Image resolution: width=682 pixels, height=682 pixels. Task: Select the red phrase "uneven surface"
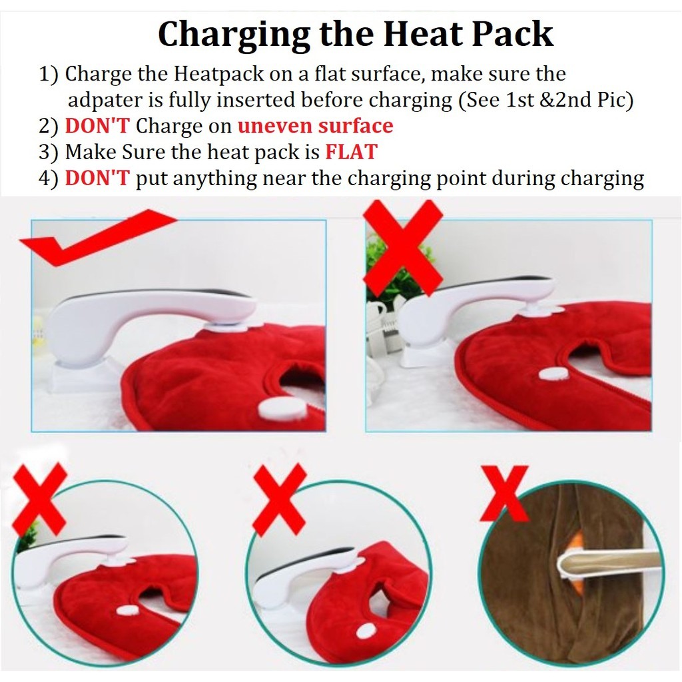coord(315,126)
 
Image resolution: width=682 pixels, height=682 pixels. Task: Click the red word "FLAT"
coord(351,152)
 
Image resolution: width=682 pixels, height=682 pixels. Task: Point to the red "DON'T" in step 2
coord(97,126)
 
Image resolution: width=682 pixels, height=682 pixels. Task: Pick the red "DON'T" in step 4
coord(97,178)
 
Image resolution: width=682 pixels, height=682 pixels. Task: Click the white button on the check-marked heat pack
coord(282,409)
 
